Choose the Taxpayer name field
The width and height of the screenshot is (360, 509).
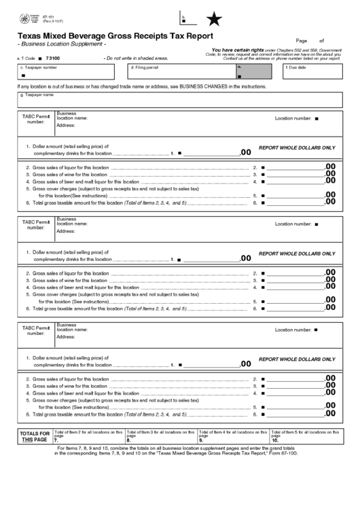(x=179, y=100)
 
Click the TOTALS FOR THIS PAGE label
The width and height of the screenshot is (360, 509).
(x=34, y=436)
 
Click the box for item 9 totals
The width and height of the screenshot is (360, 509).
(x=233, y=436)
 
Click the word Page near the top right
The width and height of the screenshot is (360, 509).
(x=302, y=41)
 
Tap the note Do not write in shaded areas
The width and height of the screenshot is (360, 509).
(x=136, y=58)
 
